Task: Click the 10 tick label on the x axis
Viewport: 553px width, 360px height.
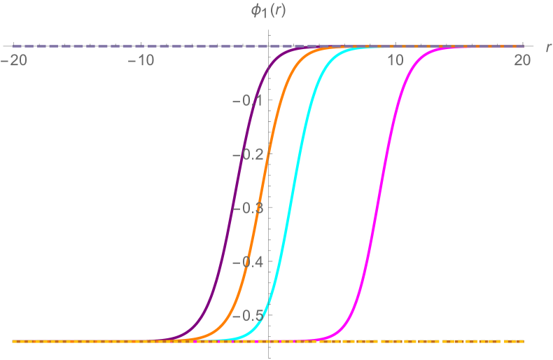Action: pos(395,61)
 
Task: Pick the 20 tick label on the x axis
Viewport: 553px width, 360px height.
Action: pos(522,61)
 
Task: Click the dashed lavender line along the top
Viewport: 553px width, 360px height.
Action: pos(140,46)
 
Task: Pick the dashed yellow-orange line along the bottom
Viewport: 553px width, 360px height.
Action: pos(420,341)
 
